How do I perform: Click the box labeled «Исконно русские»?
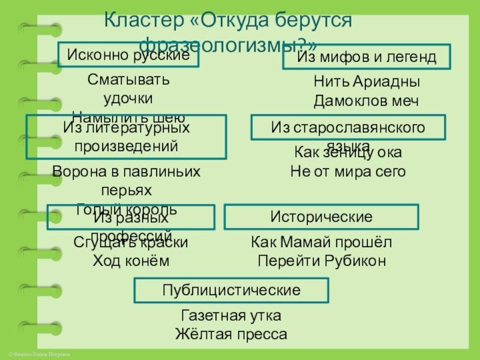click(x=128, y=55)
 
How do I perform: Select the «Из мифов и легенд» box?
click(x=367, y=57)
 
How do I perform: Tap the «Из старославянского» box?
click(x=348, y=128)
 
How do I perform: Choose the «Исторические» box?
click(x=321, y=217)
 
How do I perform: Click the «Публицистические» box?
click(x=231, y=290)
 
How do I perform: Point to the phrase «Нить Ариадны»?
click(x=367, y=82)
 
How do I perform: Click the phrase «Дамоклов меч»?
click(x=367, y=101)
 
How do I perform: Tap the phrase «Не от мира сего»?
click(x=348, y=172)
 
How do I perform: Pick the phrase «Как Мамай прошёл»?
click(x=321, y=242)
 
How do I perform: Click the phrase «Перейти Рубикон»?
click(x=321, y=261)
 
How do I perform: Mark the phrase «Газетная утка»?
click(x=231, y=316)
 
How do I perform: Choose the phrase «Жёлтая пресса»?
click(x=231, y=334)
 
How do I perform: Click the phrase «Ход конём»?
click(x=131, y=261)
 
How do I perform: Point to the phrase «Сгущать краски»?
click(x=131, y=242)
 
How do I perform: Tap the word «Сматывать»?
click(x=128, y=79)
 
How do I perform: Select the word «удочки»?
click(x=128, y=98)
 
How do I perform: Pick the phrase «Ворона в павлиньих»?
click(x=127, y=172)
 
